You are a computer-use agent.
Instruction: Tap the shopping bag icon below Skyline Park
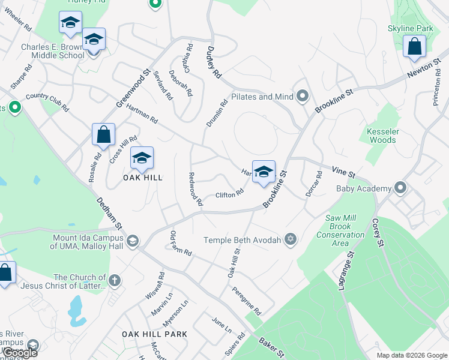pos(414,46)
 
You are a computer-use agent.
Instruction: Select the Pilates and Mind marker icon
pos(303,96)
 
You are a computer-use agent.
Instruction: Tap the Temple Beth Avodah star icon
pos(291,240)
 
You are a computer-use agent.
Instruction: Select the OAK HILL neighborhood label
pos(127,178)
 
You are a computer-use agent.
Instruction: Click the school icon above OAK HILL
pos(142,158)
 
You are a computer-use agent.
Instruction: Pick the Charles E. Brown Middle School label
pos(53,51)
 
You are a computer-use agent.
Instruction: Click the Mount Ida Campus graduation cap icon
pos(132,241)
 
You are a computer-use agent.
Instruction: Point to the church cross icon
pos(114,281)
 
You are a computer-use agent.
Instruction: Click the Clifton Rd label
pos(229,194)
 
